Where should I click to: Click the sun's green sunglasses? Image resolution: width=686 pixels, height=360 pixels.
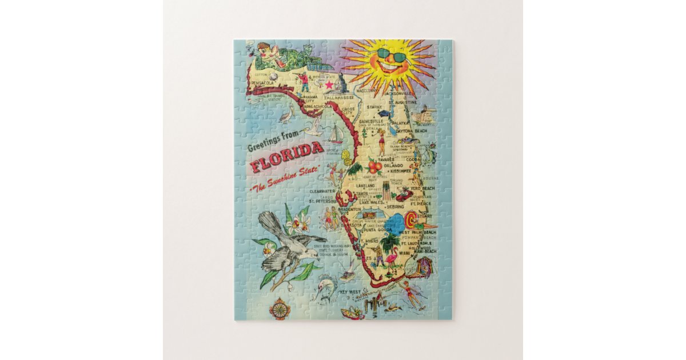click(390, 56)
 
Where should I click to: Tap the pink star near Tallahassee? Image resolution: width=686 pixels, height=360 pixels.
click(329, 85)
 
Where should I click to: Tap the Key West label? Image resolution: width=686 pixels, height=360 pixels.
click(349, 292)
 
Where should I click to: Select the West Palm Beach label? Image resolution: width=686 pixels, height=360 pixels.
click(417, 233)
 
